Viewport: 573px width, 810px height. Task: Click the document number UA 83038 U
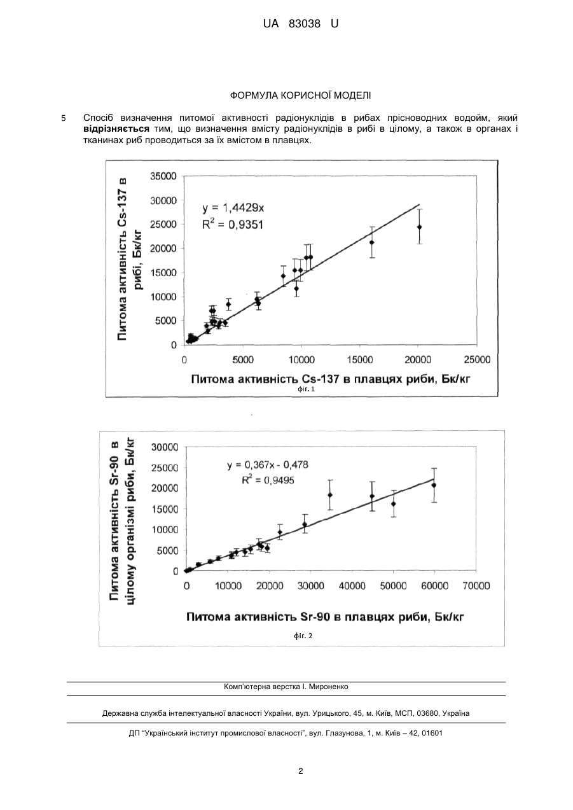pos(300,24)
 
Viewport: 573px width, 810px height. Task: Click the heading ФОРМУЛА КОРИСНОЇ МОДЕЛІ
pos(300,95)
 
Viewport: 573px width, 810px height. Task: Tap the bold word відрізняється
pos(116,129)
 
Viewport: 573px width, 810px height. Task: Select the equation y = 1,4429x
pos(233,208)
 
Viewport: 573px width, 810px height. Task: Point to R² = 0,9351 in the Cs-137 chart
pos(233,225)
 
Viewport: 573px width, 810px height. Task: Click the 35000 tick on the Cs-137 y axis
pos(163,176)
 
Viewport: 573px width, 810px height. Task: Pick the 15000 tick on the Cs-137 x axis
pos(360,360)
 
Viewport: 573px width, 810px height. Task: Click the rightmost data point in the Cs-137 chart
pos(419,227)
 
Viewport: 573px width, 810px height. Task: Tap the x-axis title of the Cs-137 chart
pos(331,379)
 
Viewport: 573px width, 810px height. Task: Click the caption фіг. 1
pos(306,389)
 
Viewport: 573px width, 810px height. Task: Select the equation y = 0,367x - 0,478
pos(268,464)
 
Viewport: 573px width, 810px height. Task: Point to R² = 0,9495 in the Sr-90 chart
pos(268,480)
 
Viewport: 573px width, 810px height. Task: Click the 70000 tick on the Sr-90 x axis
pos(476,586)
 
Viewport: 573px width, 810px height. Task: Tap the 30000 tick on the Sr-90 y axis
pos(165,447)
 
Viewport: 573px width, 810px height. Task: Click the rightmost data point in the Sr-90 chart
pos(434,485)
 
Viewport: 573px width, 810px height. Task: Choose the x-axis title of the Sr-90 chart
pos(325,617)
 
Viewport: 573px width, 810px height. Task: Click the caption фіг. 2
pos(303,636)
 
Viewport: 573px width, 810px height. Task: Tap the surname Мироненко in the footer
pos(329,687)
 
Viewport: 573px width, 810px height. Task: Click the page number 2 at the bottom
pos(300,771)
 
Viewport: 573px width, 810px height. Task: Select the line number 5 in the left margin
pos(63,118)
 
